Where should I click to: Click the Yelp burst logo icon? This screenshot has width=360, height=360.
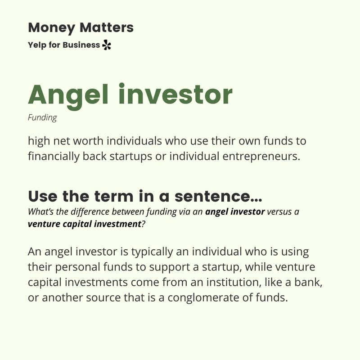[x=106, y=45]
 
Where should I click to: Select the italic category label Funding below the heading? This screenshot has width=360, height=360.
[x=42, y=118]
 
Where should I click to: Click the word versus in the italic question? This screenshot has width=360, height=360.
[x=280, y=211]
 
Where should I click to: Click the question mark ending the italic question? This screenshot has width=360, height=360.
[x=143, y=224]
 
